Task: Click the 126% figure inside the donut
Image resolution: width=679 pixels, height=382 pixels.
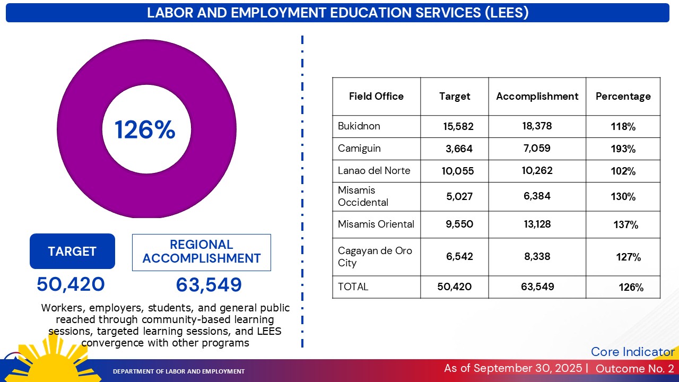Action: [x=145, y=130]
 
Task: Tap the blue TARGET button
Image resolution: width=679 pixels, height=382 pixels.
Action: [x=72, y=251]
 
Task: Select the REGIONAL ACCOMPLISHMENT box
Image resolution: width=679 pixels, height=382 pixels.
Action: [x=202, y=252]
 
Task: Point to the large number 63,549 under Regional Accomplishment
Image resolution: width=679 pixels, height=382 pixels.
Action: [x=209, y=285]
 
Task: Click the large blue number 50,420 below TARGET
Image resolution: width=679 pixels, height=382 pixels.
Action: [x=71, y=285]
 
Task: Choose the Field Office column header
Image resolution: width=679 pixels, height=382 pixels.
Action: [x=376, y=97]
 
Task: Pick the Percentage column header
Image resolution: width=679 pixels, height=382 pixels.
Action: [x=623, y=97]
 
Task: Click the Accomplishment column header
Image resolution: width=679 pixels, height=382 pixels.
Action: [x=537, y=97]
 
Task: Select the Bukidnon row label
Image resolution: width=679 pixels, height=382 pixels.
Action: [x=359, y=126]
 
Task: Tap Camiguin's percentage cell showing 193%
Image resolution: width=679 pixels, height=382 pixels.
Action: [x=623, y=149]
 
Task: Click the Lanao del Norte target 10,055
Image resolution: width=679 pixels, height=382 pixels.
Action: [x=458, y=171]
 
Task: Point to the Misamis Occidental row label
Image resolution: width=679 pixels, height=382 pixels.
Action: [x=363, y=196]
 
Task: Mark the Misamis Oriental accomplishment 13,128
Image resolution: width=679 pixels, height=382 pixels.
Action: [x=537, y=224]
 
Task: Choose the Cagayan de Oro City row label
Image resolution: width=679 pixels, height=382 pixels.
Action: [x=375, y=257]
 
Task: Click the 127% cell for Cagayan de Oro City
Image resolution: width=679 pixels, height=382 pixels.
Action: [x=628, y=257]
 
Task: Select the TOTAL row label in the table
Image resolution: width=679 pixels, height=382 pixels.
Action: [x=353, y=287]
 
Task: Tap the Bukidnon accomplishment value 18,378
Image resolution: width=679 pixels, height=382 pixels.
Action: [x=537, y=126]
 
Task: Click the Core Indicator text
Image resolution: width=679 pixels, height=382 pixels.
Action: [x=632, y=352]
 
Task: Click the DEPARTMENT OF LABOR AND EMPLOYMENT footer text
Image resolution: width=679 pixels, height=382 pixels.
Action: [x=179, y=371]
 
